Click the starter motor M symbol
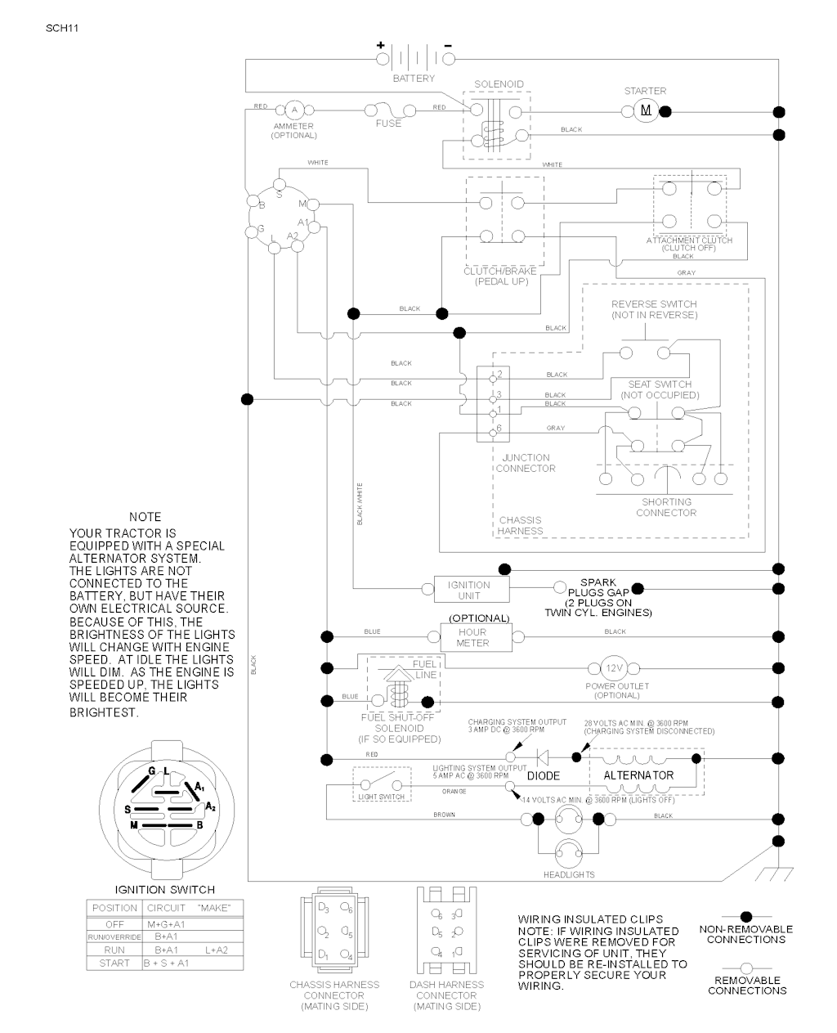click(646, 110)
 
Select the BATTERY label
click(414, 79)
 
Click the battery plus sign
click(380, 45)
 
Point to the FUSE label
click(388, 124)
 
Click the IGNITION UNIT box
click(469, 590)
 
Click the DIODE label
click(544, 775)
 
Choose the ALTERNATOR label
click(638, 775)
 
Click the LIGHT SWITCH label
click(381, 797)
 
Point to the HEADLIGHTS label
click(569, 874)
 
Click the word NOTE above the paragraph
click(145, 517)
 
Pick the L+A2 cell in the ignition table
click(216, 950)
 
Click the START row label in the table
click(114, 963)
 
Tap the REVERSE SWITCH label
click(654, 309)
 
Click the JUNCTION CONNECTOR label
click(526, 463)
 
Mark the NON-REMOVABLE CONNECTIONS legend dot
click(745, 918)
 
